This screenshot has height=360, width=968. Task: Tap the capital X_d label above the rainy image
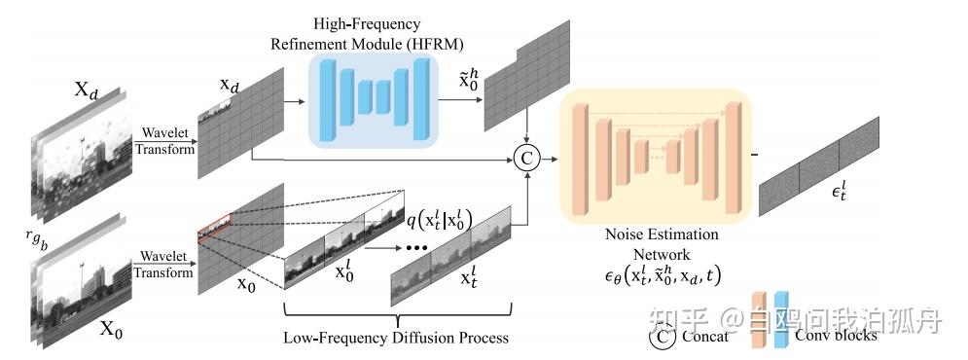click(87, 90)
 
